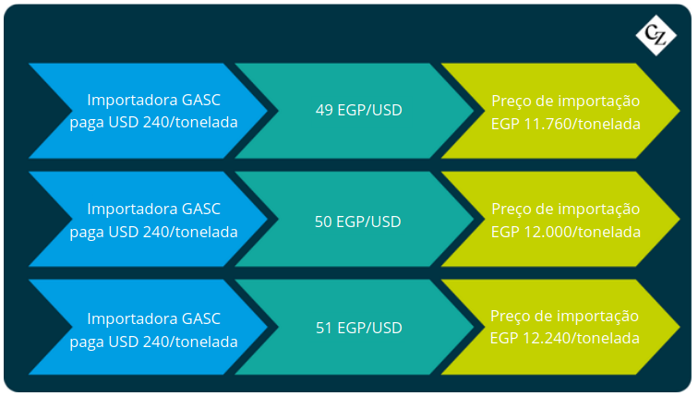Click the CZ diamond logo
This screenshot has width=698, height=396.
[656, 35]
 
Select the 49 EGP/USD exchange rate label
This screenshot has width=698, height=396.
[359, 110]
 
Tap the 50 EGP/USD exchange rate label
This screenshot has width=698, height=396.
[358, 222]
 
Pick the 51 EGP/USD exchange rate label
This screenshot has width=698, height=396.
[359, 328]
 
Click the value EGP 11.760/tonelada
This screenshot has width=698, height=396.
[566, 124]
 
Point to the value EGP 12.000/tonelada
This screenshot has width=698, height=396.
[566, 232]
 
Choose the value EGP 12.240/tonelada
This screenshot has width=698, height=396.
[565, 338]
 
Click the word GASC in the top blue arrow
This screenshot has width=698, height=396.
[201, 100]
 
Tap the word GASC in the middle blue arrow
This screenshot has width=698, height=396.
[201, 209]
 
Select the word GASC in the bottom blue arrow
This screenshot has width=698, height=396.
[201, 318]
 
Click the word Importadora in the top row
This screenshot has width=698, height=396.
[132, 100]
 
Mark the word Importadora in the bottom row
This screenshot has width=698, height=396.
[132, 319]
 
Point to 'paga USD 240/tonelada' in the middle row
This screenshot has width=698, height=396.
[153, 232]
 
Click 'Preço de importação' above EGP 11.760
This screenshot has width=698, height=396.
[566, 102]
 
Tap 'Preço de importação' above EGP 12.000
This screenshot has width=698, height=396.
[566, 210]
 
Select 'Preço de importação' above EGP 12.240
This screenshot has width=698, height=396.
[565, 317]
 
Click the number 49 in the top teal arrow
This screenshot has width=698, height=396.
[324, 110]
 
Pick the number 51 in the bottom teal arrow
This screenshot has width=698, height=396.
[324, 328]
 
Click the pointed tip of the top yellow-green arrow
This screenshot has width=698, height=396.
[680, 111]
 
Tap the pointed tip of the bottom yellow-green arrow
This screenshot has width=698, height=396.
[680, 327]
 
